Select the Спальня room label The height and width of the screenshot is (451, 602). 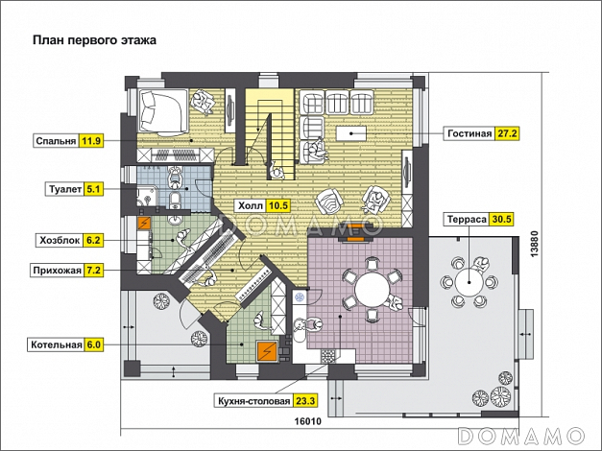(56, 141)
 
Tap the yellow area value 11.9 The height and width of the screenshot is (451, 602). (92, 141)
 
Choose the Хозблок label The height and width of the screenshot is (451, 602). (59, 242)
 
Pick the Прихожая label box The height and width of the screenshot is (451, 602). (57, 271)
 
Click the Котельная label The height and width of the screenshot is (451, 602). (54, 344)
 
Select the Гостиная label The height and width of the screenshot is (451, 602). (469, 133)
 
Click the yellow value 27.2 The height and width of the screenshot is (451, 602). (507, 133)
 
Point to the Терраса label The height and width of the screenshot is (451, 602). (465, 218)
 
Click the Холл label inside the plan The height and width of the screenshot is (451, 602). (250, 205)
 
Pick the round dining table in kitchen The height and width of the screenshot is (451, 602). (366, 287)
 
